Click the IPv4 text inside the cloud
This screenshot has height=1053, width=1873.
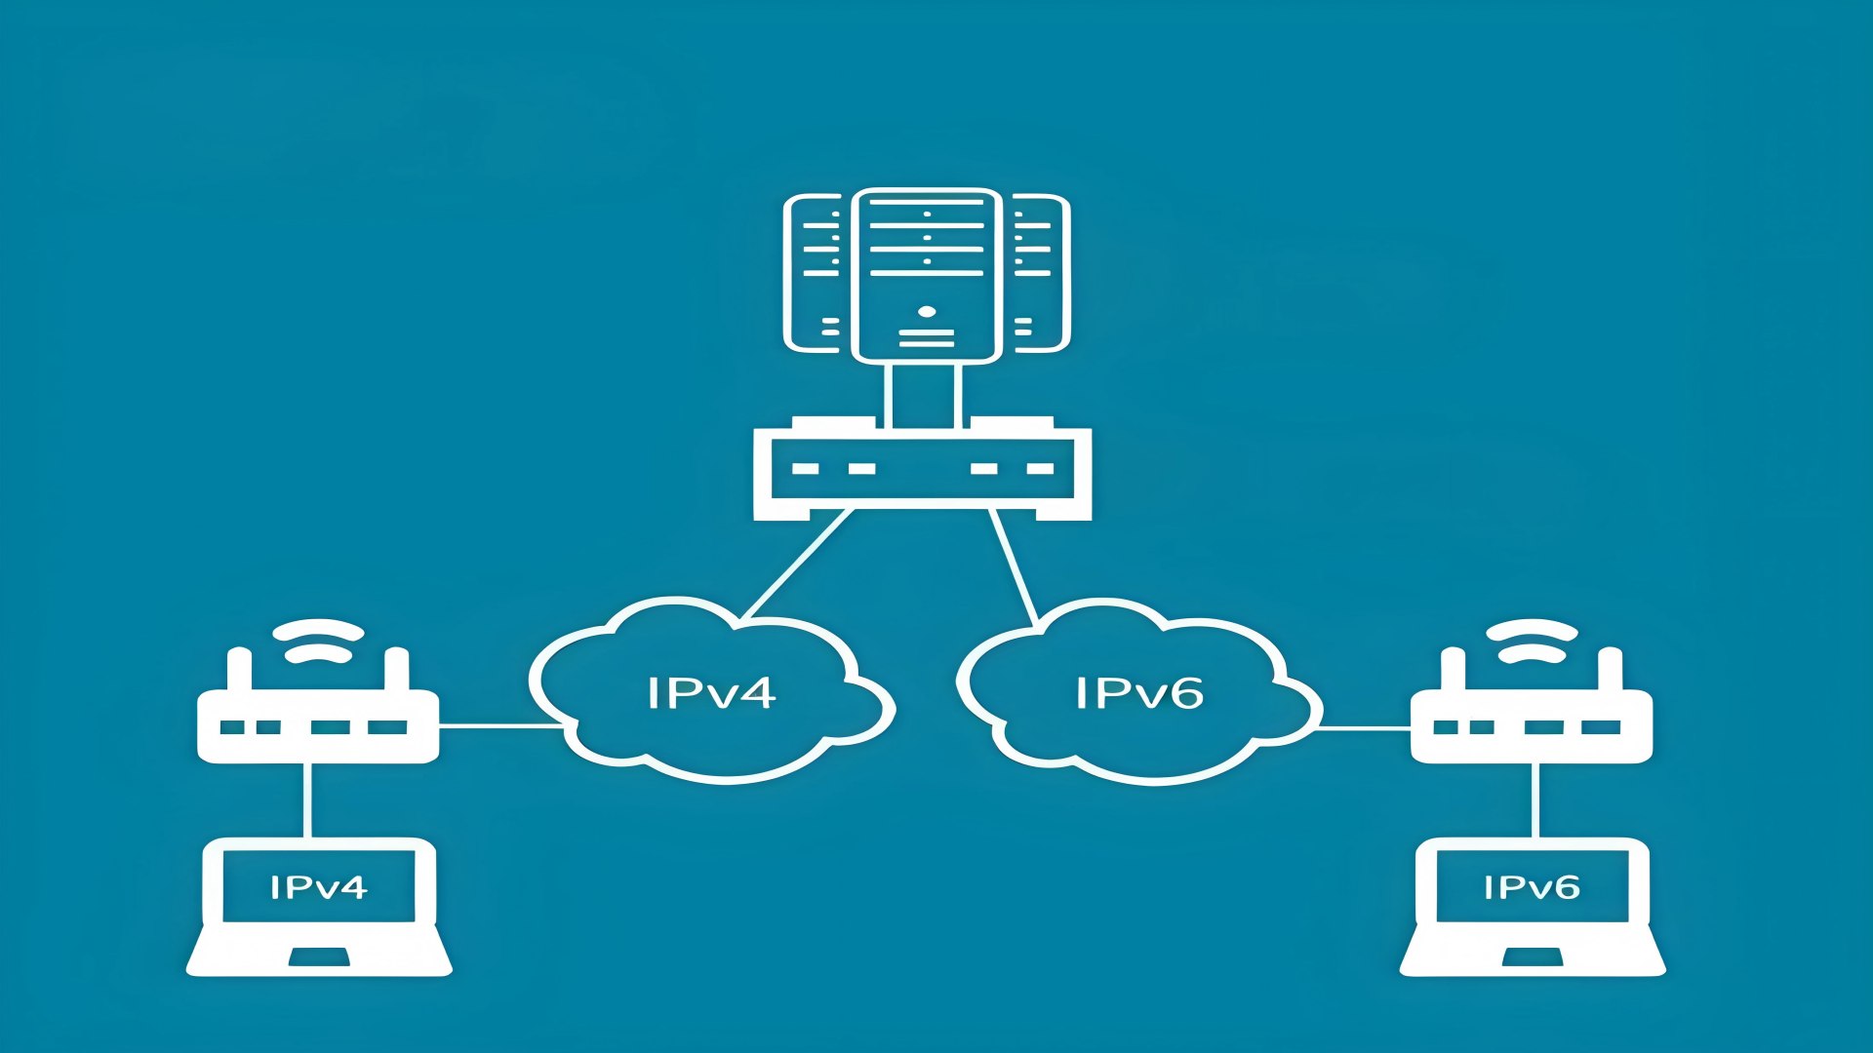(710, 692)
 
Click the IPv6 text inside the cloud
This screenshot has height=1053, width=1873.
(1138, 692)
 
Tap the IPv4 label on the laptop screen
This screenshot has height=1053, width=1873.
(318, 887)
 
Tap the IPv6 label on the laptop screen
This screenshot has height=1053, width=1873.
(1531, 887)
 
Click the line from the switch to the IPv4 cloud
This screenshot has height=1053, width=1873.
(795, 565)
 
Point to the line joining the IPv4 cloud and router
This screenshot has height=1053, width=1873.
(499, 726)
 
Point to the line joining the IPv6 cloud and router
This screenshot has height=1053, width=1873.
(1364, 727)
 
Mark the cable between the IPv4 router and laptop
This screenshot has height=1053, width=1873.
(308, 799)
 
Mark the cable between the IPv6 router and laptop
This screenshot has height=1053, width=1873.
(1536, 799)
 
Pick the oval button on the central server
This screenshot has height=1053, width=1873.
(927, 313)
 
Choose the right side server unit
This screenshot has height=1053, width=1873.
(1039, 273)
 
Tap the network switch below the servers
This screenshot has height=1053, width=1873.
(922, 468)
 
